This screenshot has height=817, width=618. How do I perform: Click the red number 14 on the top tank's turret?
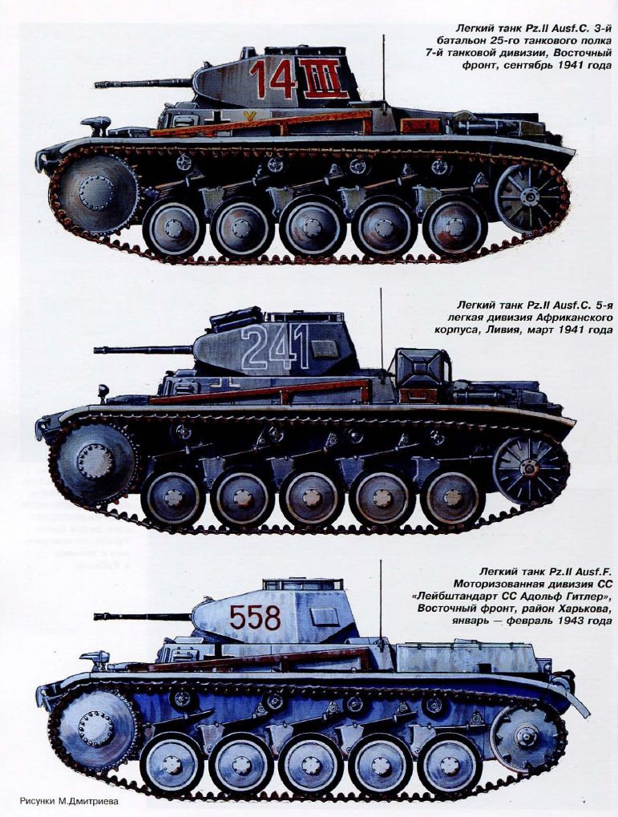(x=273, y=79)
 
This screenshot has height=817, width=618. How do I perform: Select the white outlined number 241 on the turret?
(x=275, y=346)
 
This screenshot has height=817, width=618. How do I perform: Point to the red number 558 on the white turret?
(x=255, y=617)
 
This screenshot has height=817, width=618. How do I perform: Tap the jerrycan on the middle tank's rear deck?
(x=422, y=369)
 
